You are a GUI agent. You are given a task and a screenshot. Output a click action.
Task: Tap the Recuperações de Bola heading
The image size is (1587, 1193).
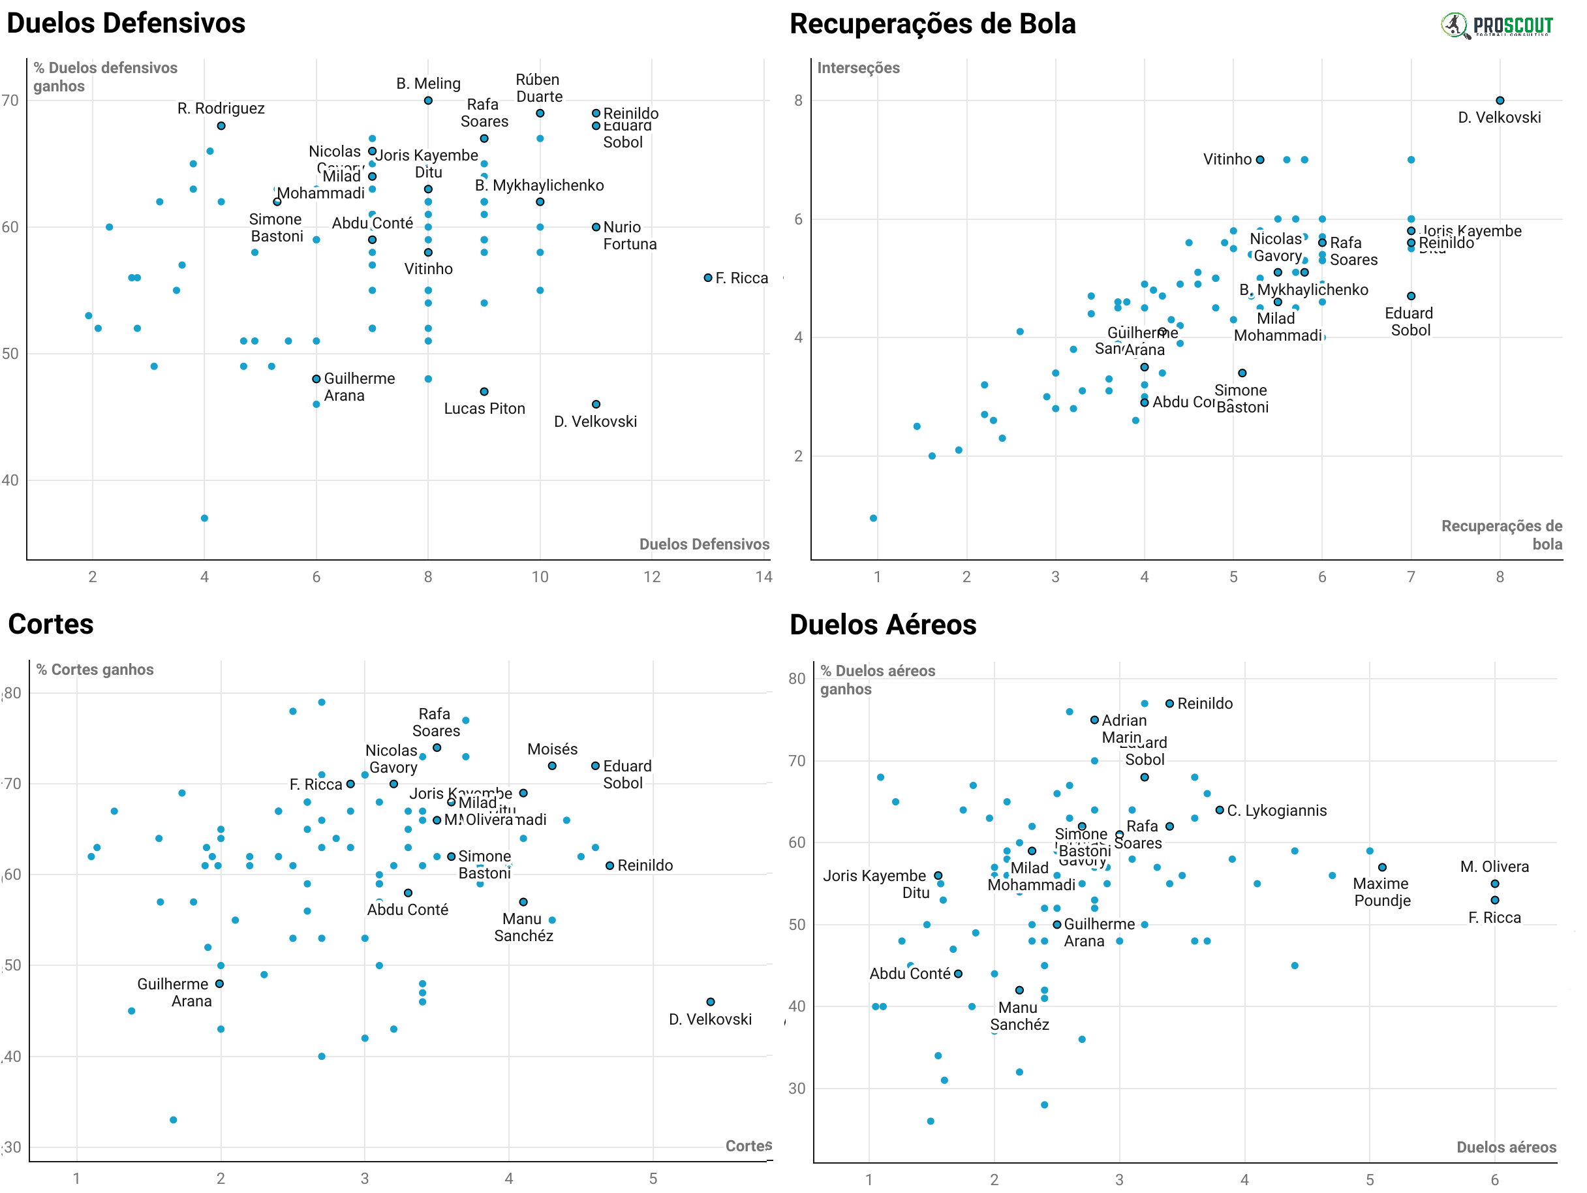932,23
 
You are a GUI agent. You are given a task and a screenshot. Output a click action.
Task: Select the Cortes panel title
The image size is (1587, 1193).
50,624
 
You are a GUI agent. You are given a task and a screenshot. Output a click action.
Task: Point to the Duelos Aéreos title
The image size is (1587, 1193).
882,625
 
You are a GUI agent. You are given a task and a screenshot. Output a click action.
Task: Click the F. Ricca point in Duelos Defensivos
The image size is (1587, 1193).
708,277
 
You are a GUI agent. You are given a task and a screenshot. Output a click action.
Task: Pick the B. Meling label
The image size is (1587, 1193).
428,84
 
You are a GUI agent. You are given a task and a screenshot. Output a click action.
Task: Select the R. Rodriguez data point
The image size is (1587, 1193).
221,126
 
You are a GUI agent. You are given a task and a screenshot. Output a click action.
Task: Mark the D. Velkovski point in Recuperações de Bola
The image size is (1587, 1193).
1500,101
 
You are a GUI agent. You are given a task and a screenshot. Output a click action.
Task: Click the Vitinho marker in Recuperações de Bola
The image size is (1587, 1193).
1260,160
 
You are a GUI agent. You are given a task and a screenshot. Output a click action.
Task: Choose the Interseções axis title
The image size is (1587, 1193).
858,67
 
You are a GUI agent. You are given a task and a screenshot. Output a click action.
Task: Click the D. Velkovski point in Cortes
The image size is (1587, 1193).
710,1002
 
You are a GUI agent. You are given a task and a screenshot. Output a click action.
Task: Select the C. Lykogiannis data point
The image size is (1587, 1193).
1220,810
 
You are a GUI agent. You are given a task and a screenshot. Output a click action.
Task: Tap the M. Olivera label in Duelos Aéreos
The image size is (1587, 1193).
1494,867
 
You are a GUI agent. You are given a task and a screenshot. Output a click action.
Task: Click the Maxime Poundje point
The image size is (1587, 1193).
1383,867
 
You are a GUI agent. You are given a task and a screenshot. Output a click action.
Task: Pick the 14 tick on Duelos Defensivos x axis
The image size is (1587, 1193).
763,577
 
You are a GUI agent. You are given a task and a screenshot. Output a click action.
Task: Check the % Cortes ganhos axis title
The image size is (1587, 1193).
95,670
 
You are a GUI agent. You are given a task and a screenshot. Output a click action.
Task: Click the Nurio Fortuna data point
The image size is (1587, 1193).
596,227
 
